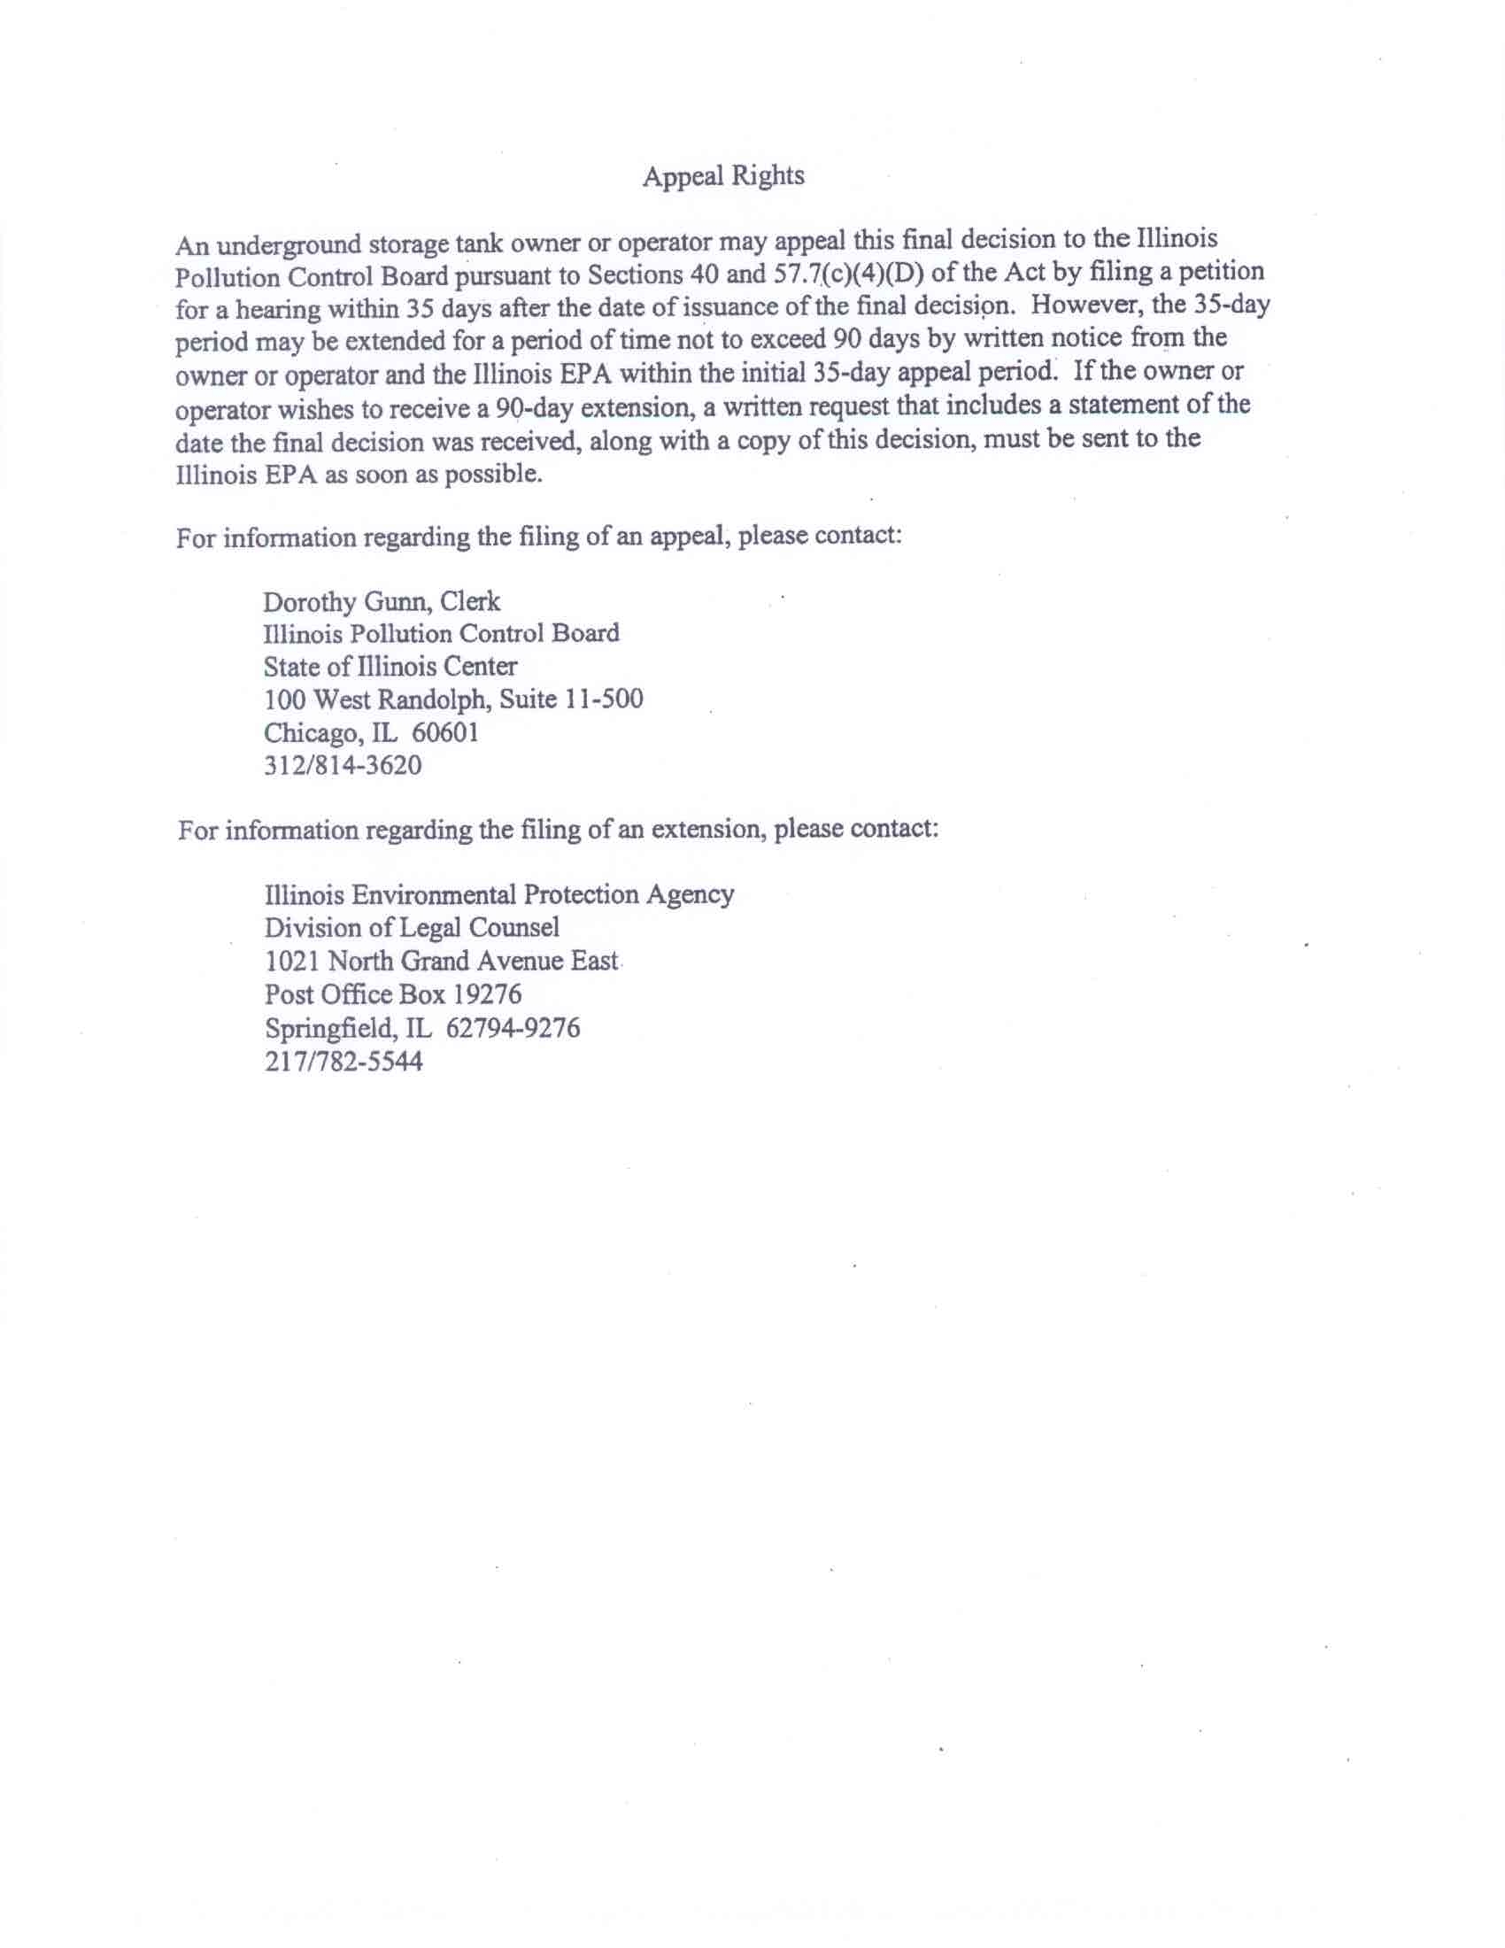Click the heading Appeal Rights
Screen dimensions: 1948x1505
tap(723, 175)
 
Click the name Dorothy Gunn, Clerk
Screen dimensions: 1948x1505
tap(382, 601)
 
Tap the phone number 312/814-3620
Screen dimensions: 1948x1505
tap(343, 765)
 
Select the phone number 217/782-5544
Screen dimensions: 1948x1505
tap(343, 1062)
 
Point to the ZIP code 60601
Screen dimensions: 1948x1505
tap(445, 732)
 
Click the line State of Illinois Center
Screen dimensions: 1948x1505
tap(390, 666)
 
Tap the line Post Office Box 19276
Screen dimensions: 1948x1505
tap(393, 994)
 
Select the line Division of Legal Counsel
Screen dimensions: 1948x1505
tap(412, 928)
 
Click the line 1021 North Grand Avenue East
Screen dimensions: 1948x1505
tap(442, 962)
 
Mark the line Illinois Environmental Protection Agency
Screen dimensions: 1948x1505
tap(499, 893)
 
